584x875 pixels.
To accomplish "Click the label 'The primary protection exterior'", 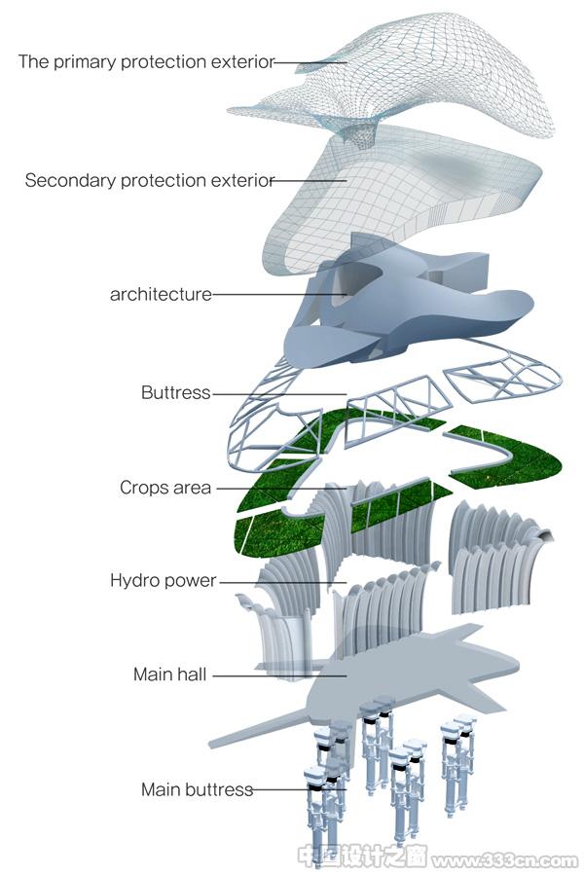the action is tap(146, 62).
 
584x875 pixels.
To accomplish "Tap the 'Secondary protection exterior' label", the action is tap(150, 181).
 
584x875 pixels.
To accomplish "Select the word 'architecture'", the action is tap(161, 294).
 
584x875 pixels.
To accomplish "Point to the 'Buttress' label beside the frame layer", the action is tap(176, 392).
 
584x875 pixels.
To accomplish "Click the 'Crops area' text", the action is tap(165, 488).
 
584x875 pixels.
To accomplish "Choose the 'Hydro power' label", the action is tap(163, 580).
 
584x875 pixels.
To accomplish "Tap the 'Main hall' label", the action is tap(170, 674).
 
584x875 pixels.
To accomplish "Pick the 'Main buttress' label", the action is tap(197, 789).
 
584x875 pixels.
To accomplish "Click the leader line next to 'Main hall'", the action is tap(279, 675).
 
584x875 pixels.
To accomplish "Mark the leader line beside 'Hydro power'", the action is tap(283, 582).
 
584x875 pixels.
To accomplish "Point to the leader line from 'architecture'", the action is tap(279, 294).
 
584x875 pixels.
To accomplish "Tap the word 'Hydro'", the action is tap(133, 580).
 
